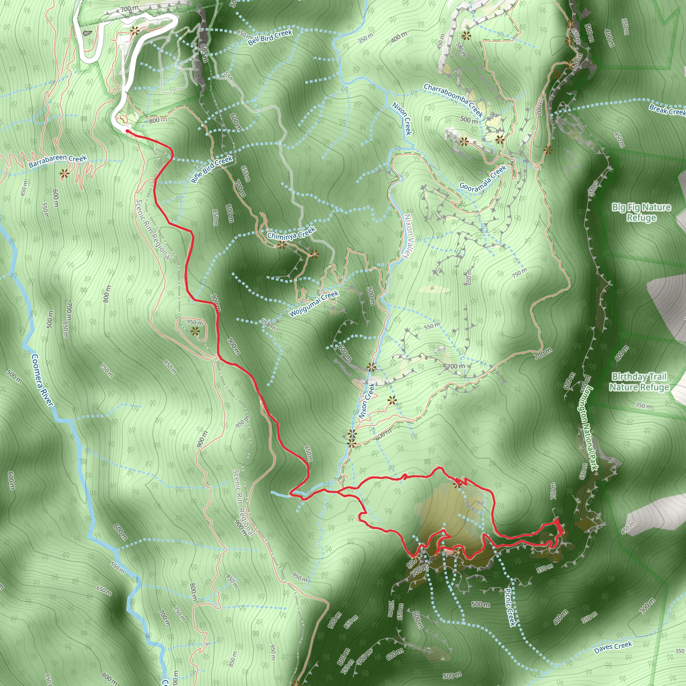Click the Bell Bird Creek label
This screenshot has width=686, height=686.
click(270, 37)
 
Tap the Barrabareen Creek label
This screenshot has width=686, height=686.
click(58, 161)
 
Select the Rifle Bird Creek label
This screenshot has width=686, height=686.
click(212, 169)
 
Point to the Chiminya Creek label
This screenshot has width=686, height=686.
click(291, 233)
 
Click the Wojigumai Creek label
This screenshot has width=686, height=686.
click(314, 304)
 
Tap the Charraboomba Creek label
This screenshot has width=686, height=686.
click(454, 100)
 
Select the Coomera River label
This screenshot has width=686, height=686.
click(42, 380)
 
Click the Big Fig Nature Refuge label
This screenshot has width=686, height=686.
click(641, 212)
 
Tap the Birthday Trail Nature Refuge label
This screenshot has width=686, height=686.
click(639, 382)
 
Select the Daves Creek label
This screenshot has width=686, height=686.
click(613, 647)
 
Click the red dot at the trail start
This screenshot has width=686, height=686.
click(127, 131)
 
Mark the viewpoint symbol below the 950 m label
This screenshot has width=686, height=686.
click(195, 332)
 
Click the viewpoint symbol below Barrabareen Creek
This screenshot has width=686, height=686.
click(64, 174)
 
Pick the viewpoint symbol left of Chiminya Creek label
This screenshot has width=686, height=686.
click(282, 245)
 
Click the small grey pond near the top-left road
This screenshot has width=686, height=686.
click(87, 33)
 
